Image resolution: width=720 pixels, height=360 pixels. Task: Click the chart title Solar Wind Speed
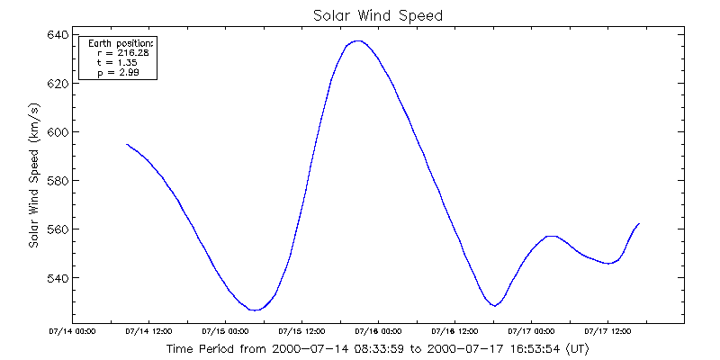(378, 15)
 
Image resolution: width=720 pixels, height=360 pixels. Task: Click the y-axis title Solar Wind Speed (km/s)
(33, 181)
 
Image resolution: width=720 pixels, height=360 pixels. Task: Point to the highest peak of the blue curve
(358, 40)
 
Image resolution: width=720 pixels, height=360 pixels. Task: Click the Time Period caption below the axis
(378, 348)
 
